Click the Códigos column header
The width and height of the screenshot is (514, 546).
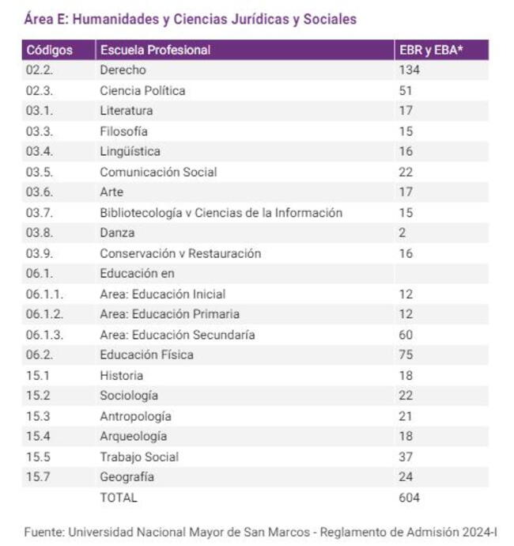(x=49, y=50)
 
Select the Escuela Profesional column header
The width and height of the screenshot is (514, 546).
(x=155, y=50)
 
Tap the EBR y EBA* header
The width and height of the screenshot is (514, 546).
(x=430, y=50)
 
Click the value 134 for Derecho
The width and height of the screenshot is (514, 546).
(x=409, y=70)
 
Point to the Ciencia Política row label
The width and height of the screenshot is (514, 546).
(x=142, y=91)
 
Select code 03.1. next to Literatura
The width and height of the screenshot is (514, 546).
(x=40, y=111)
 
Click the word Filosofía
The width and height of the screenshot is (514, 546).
(x=123, y=131)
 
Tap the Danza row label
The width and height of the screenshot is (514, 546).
(x=117, y=233)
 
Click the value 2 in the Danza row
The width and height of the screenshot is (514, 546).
(x=403, y=233)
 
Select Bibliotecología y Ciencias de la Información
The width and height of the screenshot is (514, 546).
(x=221, y=213)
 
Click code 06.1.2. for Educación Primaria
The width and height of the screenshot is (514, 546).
(x=43, y=314)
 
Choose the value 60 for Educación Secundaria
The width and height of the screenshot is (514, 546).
(x=406, y=335)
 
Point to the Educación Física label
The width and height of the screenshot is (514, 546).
(x=146, y=355)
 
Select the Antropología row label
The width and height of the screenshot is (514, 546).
(x=135, y=416)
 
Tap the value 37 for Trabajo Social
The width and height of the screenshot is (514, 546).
(x=406, y=457)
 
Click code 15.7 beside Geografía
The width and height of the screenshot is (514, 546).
(x=38, y=477)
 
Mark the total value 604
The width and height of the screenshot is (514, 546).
(x=409, y=498)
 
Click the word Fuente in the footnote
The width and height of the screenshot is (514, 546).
(x=43, y=533)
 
